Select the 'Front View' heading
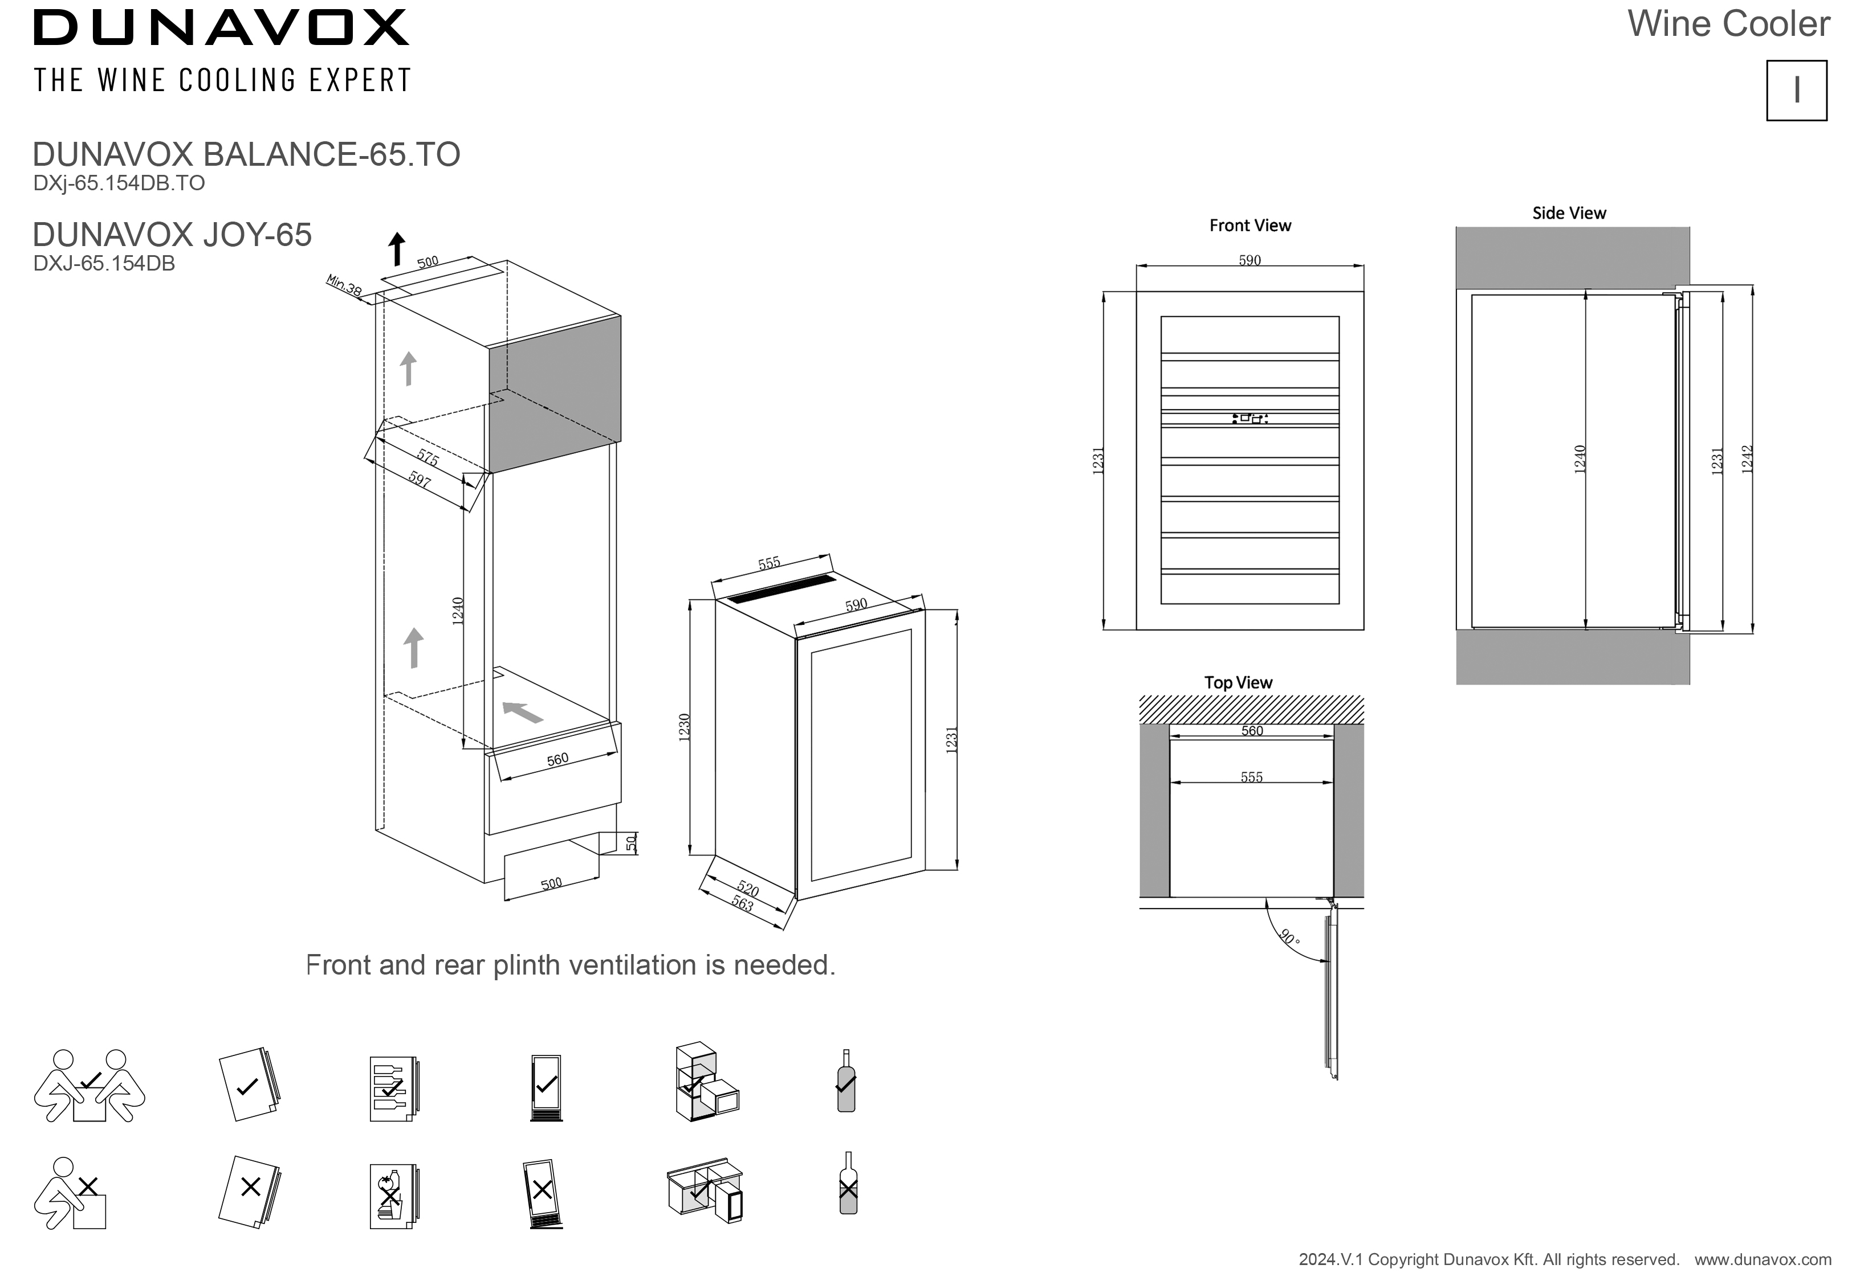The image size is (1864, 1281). coord(1250,226)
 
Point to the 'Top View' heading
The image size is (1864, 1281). coord(1238,683)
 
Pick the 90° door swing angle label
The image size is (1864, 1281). coord(1289,938)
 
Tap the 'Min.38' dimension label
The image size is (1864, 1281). coord(344,285)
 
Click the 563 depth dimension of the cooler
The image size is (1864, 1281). coord(742,904)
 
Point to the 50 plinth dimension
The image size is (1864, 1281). coord(631,843)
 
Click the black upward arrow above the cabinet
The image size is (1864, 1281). coord(396,249)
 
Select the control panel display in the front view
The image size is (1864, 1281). coord(1250,418)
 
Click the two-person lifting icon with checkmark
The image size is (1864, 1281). coord(89,1085)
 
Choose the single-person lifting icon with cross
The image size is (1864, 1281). coord(71,1193)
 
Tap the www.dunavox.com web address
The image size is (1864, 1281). coord(1763,1259)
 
